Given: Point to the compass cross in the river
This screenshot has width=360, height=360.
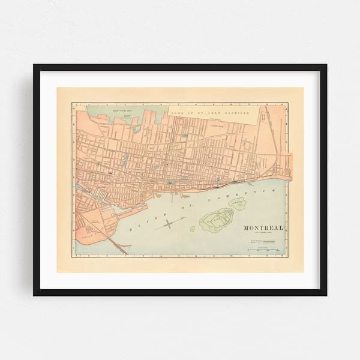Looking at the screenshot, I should [169, 224].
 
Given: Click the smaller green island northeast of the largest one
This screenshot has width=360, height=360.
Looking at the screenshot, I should [239, 204].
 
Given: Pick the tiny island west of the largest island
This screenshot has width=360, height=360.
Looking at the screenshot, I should [192, 229].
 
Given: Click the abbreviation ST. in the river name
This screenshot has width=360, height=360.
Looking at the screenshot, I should [190, 203].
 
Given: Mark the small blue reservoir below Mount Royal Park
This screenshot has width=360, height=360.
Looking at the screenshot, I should [125, 159].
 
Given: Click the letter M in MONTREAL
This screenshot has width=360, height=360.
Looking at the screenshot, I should [246, 229].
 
